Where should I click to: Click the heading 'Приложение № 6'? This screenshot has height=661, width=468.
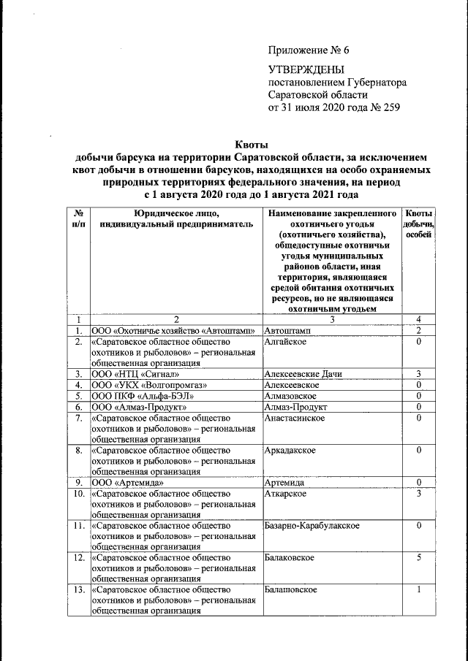[x=309, y=50]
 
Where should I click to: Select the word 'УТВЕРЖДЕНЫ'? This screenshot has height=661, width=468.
[x=305, y=70]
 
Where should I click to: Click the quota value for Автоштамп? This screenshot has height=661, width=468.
[x=419, y=331]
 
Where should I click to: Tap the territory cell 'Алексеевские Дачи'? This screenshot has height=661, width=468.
[x=303, y=374]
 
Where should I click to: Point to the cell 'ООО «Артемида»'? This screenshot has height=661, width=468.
[x=123, y=483]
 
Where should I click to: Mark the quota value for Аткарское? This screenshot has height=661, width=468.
[x=419, y=494]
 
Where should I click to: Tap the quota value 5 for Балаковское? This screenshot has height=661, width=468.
[x=419, y=558]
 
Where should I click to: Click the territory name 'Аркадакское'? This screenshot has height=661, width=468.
[x=290, y=450]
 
